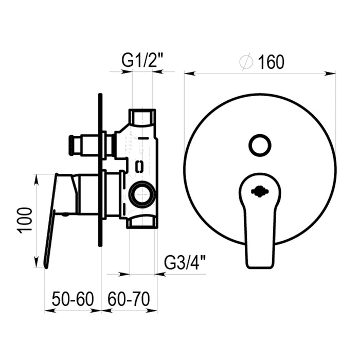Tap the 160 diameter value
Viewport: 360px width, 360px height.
(271, 62)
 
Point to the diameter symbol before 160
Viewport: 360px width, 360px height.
(246, 62)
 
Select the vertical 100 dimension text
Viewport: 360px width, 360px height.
(25, 221)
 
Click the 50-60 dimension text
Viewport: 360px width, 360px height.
(73, 299)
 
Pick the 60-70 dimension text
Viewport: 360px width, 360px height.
(129, 299)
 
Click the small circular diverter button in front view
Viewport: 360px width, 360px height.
(260, 146)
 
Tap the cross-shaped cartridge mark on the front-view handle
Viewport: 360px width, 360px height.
(260, 191)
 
